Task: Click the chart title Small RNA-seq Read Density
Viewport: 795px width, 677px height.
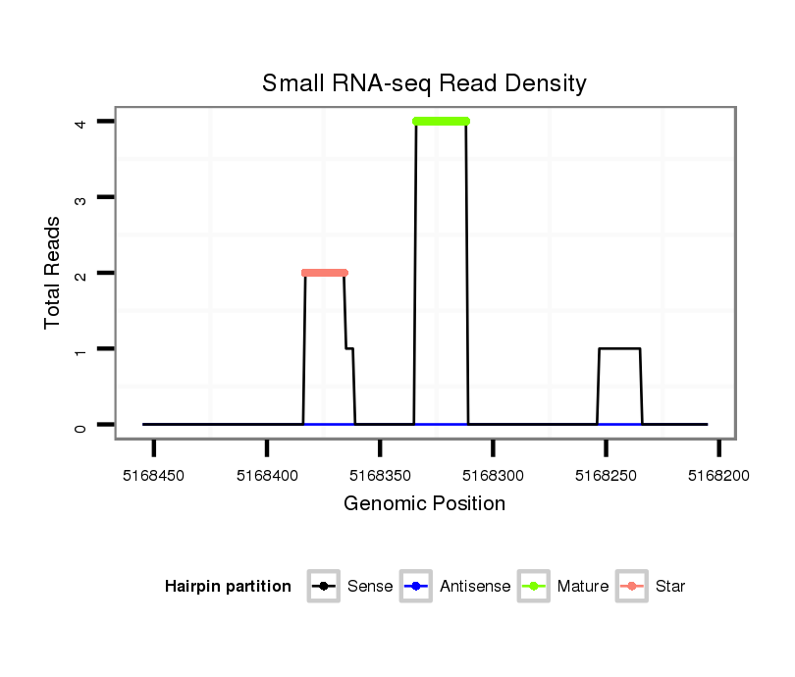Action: coord(424,83)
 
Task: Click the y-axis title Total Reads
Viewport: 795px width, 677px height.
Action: coord(53,273)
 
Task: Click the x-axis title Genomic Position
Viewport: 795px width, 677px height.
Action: coord(424,504)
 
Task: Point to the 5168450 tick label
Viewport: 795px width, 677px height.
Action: coord(153,475)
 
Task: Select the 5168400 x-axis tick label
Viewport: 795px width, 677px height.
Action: coord(266,475)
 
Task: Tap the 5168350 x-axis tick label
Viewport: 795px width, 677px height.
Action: coord(380,475)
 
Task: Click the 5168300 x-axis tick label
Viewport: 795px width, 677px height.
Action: coord(493,475)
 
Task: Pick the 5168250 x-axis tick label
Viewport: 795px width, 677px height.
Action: coord(606,475)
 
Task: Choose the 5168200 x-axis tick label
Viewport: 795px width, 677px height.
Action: coord(718,475)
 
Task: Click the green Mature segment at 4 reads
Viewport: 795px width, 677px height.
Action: coord(441,122)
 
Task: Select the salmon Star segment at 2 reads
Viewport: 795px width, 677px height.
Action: coord(324,273)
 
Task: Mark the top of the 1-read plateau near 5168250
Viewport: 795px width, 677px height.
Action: coord(619,348)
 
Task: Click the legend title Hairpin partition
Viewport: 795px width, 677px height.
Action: coord(228,587)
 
